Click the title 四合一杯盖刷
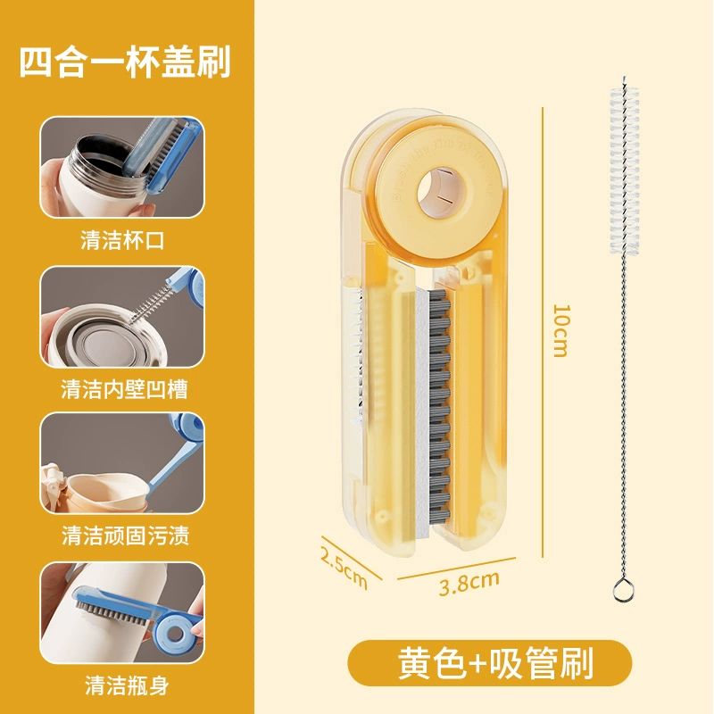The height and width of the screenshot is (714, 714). (x=125, y=62)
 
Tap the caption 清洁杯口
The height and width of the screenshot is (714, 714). (x=122, y=240)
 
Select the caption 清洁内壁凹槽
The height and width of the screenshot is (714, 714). (x=124, y=389)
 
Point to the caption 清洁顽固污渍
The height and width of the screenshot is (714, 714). (x=125, y=535)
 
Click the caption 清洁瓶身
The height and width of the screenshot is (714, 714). (x=127, y=685)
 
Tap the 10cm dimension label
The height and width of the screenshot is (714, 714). (x=561, y=330)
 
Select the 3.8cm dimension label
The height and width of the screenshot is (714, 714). (x=469, y=583)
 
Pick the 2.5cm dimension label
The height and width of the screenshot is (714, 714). (x=344, y=568)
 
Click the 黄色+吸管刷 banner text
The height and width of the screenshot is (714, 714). (x=495, y=664)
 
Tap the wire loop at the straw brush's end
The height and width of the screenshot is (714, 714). (x=621, y=589)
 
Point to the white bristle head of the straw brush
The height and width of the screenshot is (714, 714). (x=624, y=170)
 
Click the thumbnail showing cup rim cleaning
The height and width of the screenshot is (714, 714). (x=122, y=167)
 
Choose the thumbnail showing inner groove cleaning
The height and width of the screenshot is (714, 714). (x=122, y=317)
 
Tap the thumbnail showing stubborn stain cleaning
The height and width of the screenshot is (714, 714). (x=122, y=463)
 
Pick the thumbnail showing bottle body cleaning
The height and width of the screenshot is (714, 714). (x=122, y=612)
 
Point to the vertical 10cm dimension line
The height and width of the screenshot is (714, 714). (x=543, y=332)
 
